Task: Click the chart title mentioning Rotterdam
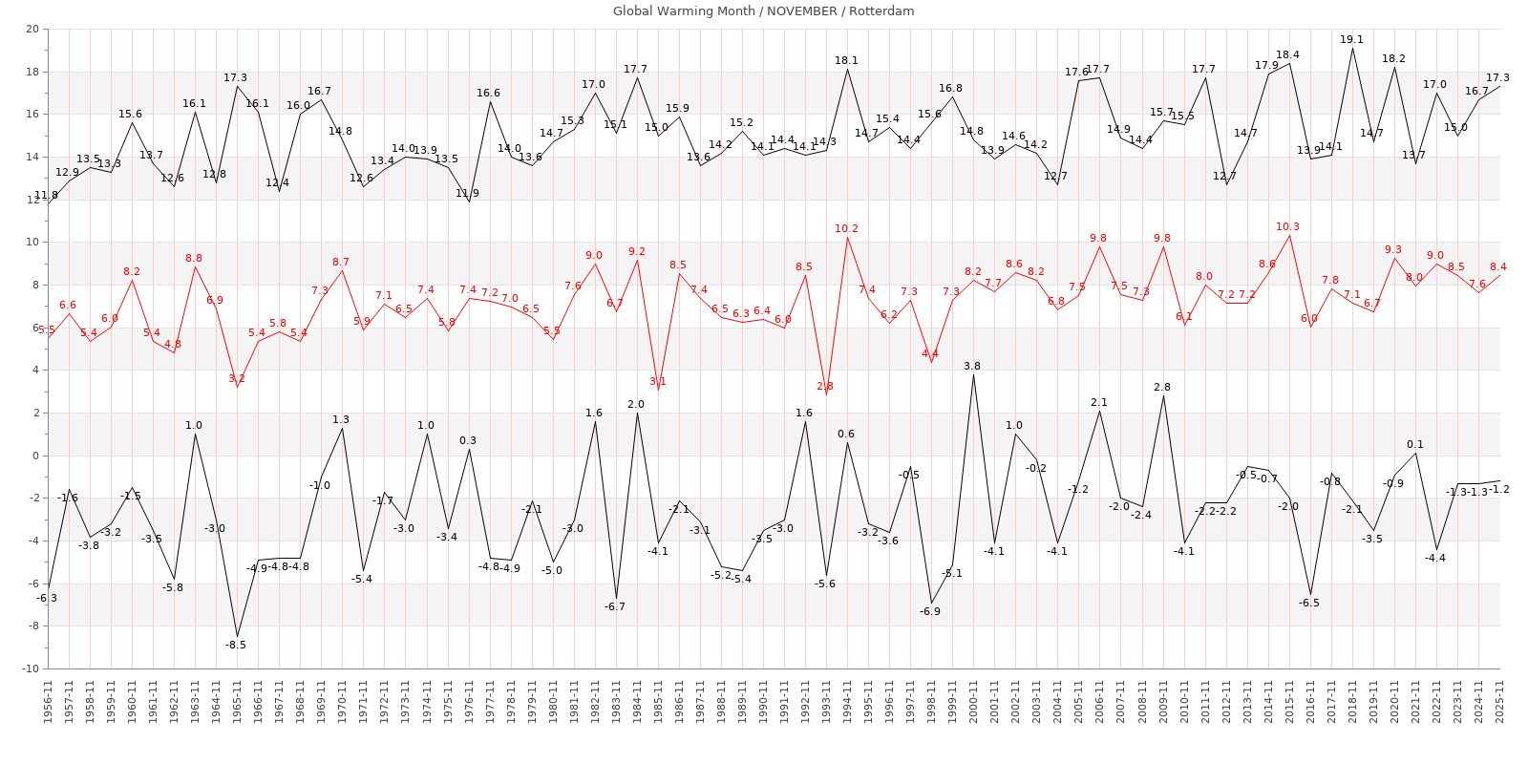(763, 11)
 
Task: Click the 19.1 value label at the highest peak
(1351, 40)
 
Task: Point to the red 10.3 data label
(1287, 227)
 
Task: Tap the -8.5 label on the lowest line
(236, 646)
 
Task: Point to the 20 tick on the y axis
(32, 30)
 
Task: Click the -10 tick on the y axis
(30, 668)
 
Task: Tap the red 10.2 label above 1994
(846, 229)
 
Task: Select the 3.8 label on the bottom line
(972, 367)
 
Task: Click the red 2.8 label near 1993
(825, 387)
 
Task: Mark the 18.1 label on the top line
(846, 61)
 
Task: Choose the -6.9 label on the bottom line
(930, 611)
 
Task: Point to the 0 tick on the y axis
(35, 456)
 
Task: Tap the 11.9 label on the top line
(467, 194)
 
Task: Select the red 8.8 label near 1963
(194, 259)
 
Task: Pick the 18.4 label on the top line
(1287, 55)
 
